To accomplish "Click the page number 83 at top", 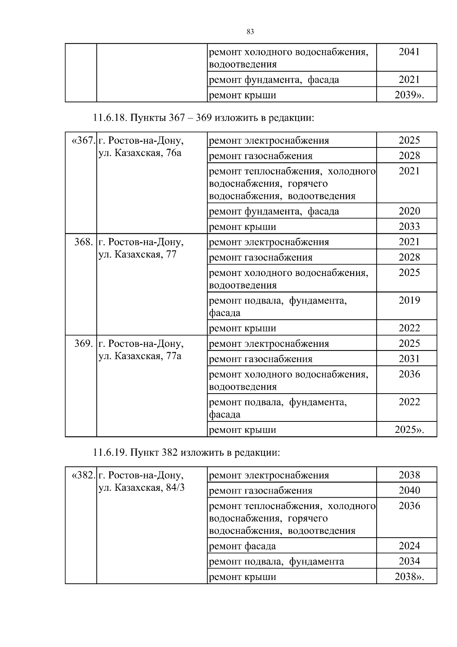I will [x=250, y=32].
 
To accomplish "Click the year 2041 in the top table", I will [x=409, y=52].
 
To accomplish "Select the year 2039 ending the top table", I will [x=409, y=95].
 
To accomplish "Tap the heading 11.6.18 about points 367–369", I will [x=203, y=118].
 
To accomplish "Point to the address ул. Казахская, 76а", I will [x=140, y=153].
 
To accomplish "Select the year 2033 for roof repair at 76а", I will [x=409, y=226].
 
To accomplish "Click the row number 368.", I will [x=84, y=242].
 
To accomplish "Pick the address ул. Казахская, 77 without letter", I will [x=137, y=255].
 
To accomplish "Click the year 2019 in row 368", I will [x=409, y=300].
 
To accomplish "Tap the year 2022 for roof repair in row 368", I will [x=409, y=328].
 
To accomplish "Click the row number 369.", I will [x=84, y=343].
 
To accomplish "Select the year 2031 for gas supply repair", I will [x=409, y=359].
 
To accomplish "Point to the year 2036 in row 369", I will [x=409, y=374].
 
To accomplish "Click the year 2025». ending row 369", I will [x=409, y=430].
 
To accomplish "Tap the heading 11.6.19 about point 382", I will [x=186, y=453].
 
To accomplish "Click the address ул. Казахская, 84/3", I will [x=141, y=488].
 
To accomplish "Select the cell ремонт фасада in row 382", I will [x=242, y=546].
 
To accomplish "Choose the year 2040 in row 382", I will [x=409, y=490].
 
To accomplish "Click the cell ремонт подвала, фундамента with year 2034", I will [x=276, y=561].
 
